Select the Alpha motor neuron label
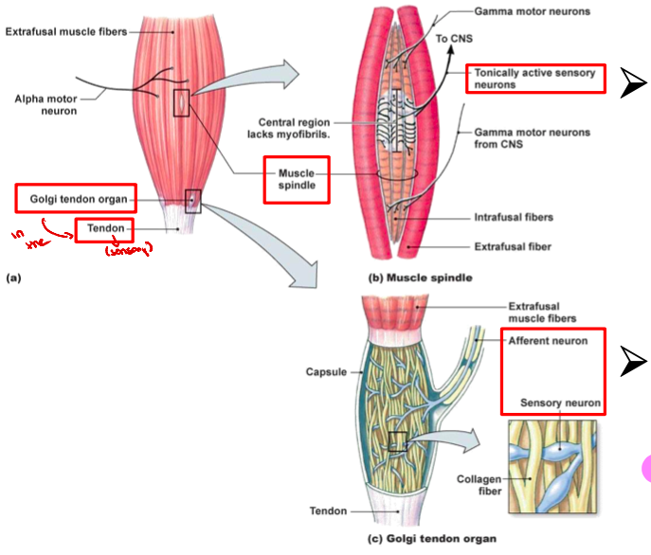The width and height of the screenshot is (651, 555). (47, 103)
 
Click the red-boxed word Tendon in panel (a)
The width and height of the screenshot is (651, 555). (104, 229)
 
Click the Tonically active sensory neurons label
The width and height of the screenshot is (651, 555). (535, 79)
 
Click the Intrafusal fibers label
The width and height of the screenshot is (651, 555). (513, 217)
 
